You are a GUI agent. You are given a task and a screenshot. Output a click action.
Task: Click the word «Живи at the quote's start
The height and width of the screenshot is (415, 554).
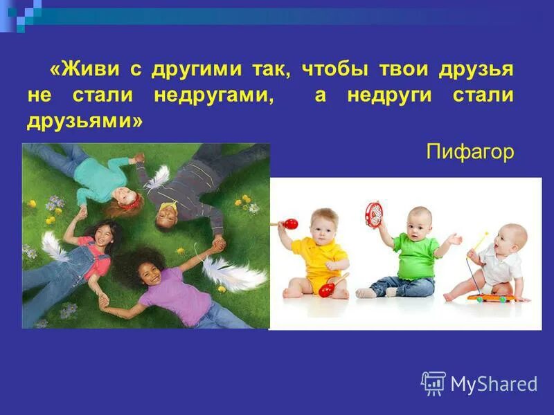click(x=82, y=70)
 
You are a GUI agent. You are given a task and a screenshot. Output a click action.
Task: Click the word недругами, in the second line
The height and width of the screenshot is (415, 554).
click(x=213, y=95)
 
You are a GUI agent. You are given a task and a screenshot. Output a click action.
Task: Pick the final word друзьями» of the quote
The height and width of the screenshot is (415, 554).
click(x=84, y=121)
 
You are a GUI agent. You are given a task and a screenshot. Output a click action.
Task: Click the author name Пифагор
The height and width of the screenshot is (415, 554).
click(x=470, y=151)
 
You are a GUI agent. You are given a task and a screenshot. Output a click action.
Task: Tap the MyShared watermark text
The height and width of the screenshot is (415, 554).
click(x=494, y=383)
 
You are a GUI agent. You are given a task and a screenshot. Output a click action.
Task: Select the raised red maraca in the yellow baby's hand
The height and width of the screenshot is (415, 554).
click(x=290, y=224)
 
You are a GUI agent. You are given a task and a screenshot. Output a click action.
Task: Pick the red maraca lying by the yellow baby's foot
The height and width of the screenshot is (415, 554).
click(x=325, y=289)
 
